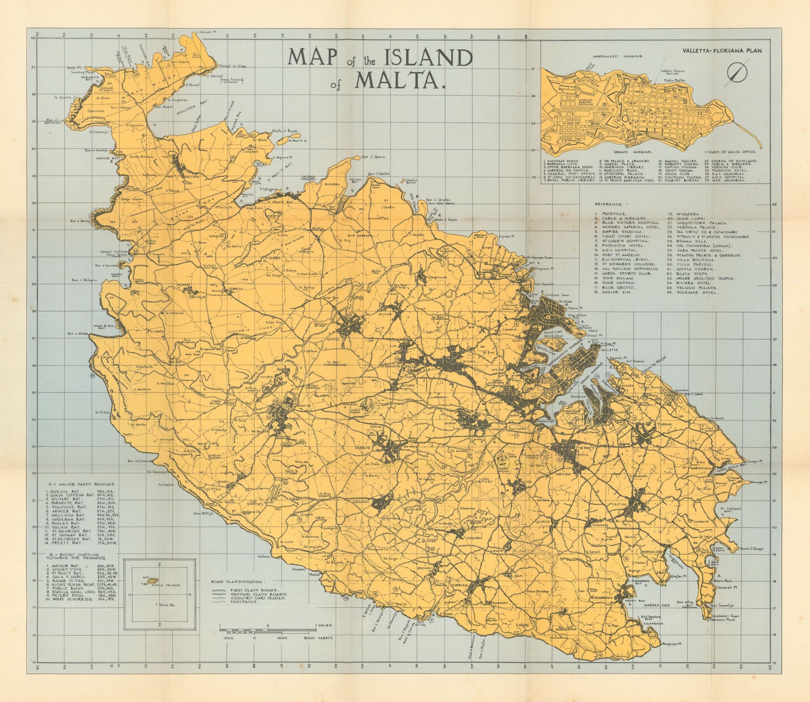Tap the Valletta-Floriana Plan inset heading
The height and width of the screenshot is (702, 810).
(x=721, y=51)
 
